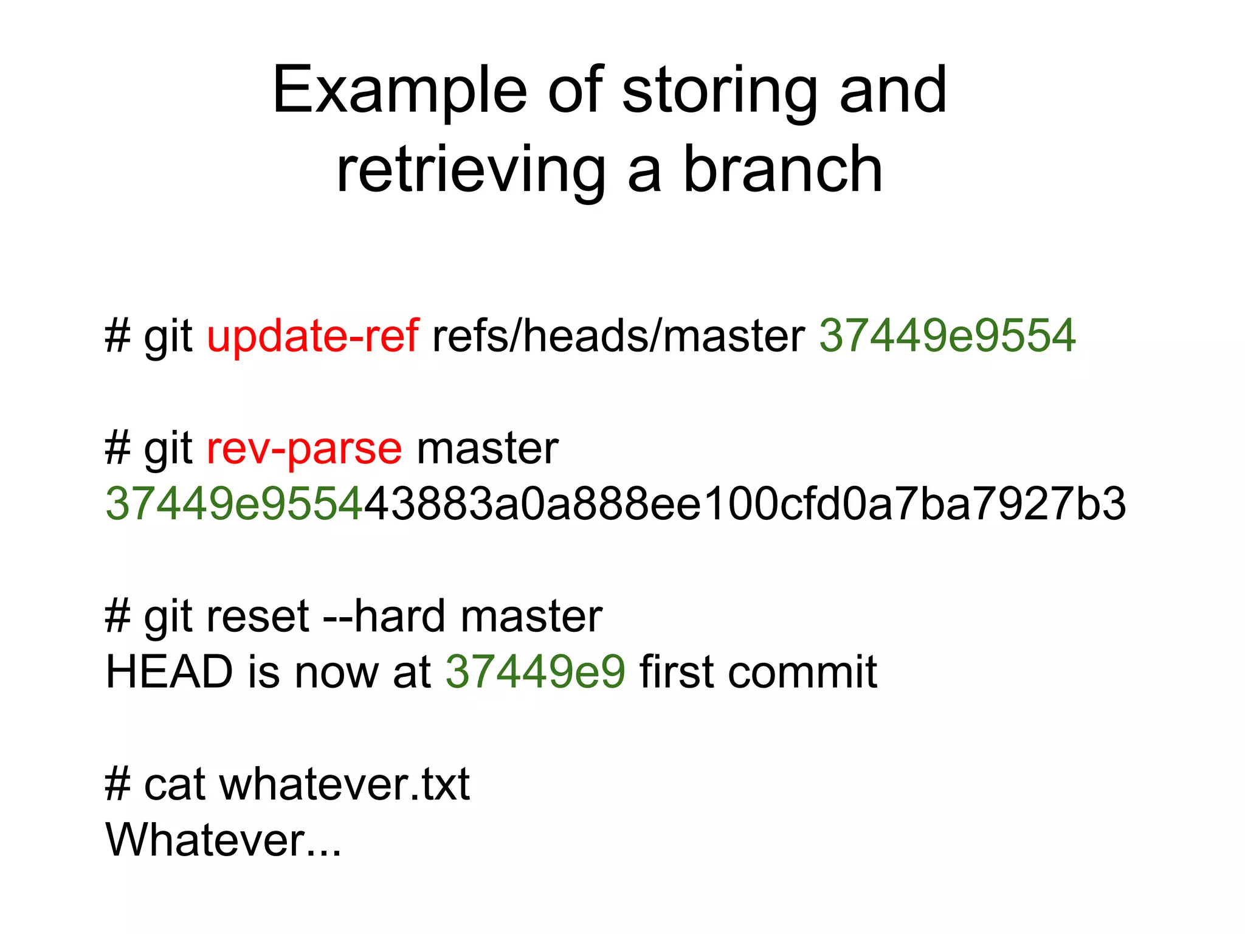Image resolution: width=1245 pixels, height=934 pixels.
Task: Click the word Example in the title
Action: pyautogui.click(x=399, y=91)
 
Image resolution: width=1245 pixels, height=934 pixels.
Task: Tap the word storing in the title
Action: pyautogui.click(x=719, y=91)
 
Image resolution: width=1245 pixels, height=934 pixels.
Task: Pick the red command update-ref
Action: pyautogui.click(x=312, y=336)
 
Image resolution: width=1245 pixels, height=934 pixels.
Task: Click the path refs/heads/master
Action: pyautogui.click(x=618, y=336)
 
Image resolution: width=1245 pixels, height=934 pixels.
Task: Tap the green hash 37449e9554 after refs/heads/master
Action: pyautogui.click(x=947, y=336)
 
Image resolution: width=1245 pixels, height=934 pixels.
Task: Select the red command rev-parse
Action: pyautogui.click(x=304, y=449)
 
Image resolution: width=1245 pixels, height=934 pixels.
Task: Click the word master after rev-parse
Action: pyautogui.click(x=487, y=449)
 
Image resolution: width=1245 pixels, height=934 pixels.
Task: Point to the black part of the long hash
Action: pyautogui.click(x=745, y=504)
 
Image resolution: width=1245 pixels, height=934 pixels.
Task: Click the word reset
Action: pyautogui.click(x=258, y=617)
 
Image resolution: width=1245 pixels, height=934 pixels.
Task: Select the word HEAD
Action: pyautogui.click(x=170, y=673)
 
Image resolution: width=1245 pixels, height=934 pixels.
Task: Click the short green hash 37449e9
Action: pyautogui.click(x=535, y=673)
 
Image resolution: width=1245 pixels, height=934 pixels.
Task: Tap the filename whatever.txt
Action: pyautogui.click(x=344, y=785)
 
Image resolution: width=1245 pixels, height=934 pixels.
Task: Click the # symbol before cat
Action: pyautogui.click(x=117, y=785)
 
